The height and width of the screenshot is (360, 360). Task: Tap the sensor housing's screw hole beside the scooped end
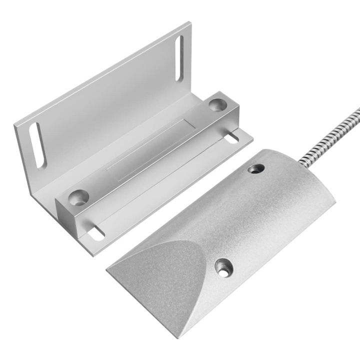222,267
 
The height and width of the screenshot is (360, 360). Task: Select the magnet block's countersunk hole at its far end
216,104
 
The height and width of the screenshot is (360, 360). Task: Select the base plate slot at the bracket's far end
232,137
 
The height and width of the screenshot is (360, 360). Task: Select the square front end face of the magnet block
66,215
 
